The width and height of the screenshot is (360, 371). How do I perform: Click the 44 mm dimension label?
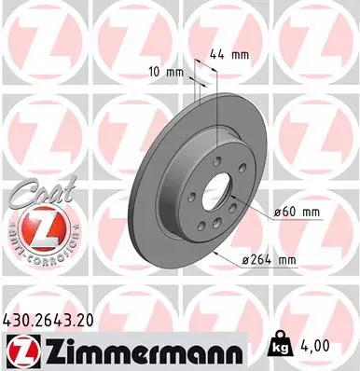point(228,55)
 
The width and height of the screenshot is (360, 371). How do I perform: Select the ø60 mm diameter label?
point(298,213)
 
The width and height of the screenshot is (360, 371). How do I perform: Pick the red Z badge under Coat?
point(38,227)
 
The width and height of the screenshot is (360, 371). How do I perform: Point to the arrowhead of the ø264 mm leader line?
point(215,251)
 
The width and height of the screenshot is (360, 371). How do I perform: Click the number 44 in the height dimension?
point(219,55)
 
